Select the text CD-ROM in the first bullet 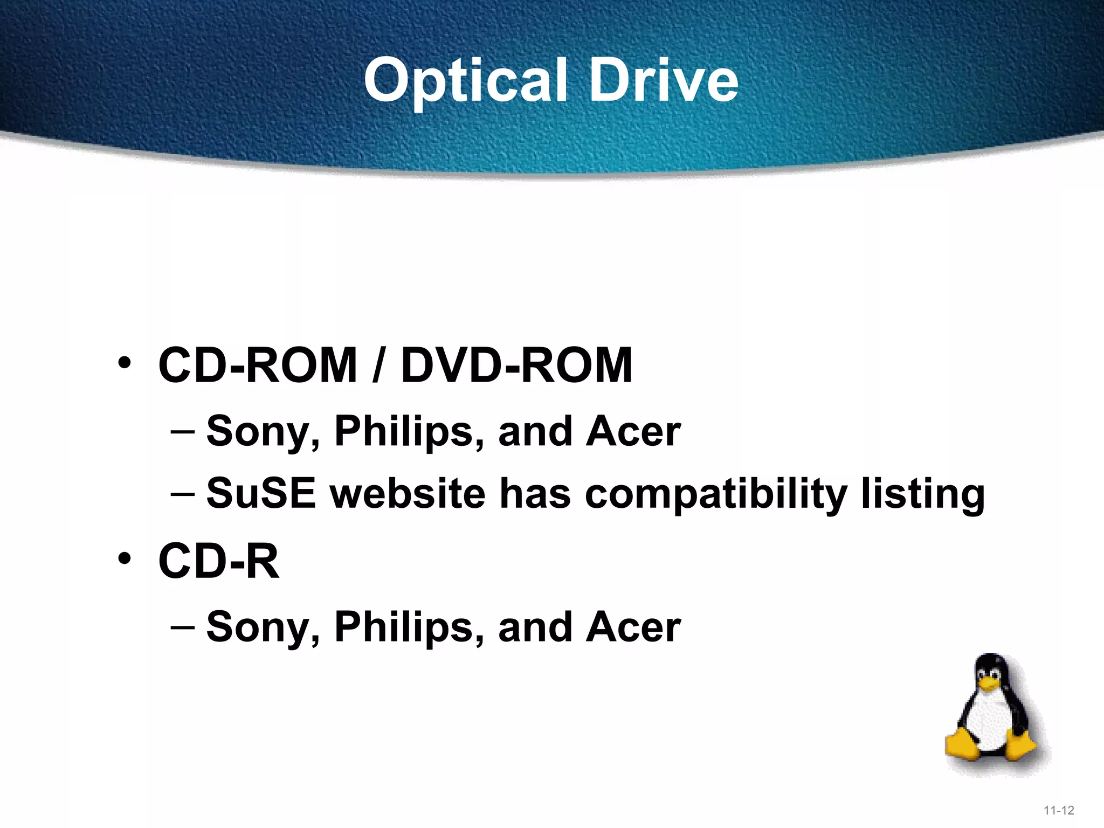(x=258, y=365)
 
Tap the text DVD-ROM (x=516, y=365)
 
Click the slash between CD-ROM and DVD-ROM (x=379, y=365)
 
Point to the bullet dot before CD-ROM (x=125, y=363)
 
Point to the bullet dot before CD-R (x=125, y=558)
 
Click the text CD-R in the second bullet (x=219, y=561)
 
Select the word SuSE (x=261, y=493)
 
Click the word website (x=408, y=493)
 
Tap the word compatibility (x=716, y=494)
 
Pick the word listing (x=923, y=494)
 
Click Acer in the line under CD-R (x=634, y=627)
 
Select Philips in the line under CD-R (x=409, y=627)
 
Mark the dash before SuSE (x=182, y=493)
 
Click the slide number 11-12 (x=1059, y=810)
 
